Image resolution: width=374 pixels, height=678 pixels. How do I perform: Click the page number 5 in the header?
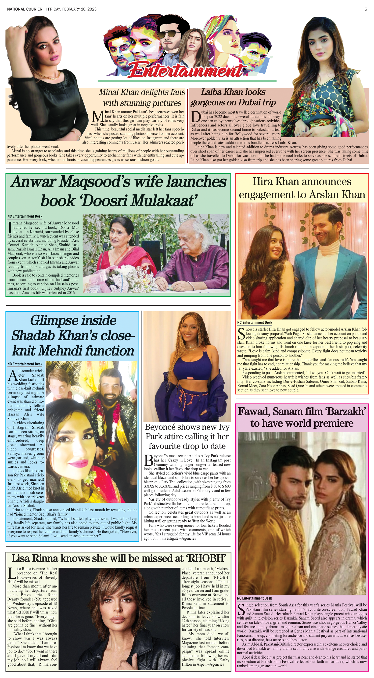366,9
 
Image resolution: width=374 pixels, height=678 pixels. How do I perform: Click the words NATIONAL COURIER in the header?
25,9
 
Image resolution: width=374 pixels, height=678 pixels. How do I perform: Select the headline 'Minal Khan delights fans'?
142,92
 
